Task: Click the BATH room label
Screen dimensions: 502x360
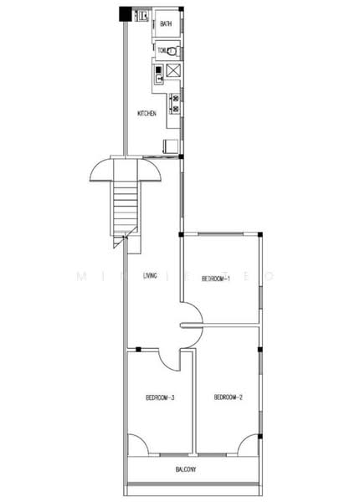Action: [x=166, y=23]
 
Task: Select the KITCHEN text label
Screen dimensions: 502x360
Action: [x=147, y=113]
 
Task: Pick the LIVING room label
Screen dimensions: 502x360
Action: [x=151, y=275]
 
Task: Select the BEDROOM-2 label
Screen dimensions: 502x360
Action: [x=228, y=397]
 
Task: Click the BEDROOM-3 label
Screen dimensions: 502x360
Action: [x=159, y=397]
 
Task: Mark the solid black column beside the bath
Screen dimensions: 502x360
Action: [x=126, y=13]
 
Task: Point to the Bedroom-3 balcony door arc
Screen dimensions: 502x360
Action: [x=136, y=445]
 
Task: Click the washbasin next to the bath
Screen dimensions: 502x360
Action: [x=142, y=15]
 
